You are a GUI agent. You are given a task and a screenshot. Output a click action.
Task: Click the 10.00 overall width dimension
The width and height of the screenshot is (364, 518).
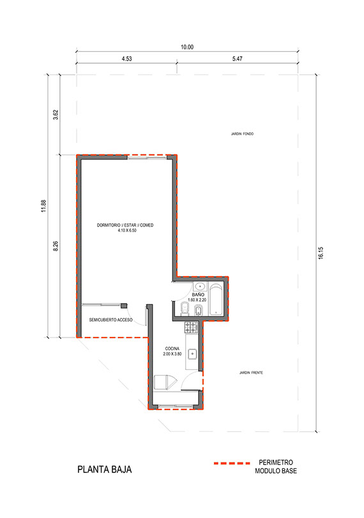tap(187, 47)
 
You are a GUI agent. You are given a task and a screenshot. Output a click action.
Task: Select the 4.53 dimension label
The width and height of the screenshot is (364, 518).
tap(126, 59)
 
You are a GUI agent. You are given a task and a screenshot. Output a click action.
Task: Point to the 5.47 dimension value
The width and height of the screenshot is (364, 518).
tap(237, 59)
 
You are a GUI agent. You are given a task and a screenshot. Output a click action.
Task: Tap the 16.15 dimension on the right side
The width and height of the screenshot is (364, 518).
tap(321, 253)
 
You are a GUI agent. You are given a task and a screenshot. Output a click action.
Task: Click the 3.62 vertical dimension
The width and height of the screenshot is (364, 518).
tap(56, 115)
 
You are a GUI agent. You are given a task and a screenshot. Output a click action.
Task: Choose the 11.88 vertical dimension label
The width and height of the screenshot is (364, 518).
tap(43, 206)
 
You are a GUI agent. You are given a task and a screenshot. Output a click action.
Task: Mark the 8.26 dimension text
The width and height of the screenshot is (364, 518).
tap(56, 246)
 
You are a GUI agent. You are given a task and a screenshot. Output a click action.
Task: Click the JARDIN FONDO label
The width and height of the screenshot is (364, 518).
tap(242, 134)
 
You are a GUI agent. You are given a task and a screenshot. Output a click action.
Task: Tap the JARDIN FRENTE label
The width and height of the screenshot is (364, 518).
tap(251, 373)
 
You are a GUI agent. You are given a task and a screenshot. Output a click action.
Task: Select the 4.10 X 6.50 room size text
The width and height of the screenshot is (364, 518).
tap(127, 230)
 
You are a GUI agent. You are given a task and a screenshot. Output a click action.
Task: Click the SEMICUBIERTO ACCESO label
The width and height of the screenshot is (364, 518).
tap(110, 320)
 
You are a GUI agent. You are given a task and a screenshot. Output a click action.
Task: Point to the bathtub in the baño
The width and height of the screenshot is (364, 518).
tap(216, 299)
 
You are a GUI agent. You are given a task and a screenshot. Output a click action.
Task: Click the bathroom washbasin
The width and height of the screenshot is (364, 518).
tap(199, 286)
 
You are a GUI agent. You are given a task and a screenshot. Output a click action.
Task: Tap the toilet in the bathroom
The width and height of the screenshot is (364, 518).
tap(184, 309)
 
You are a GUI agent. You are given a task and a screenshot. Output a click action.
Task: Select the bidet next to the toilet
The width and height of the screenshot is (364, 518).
tap(198, 310)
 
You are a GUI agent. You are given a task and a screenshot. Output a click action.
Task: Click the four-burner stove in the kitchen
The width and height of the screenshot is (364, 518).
tap(191, 327)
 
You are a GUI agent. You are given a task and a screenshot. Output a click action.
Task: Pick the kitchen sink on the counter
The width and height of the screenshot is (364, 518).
tap(192, 354)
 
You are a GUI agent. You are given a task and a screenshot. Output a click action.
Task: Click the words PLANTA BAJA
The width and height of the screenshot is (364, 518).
tap(105, 470)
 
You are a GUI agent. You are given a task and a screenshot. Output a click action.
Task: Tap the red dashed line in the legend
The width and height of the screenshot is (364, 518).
tap(232, 464)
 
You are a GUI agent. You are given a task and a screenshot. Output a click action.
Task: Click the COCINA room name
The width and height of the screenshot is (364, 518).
tap(172, 348)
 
